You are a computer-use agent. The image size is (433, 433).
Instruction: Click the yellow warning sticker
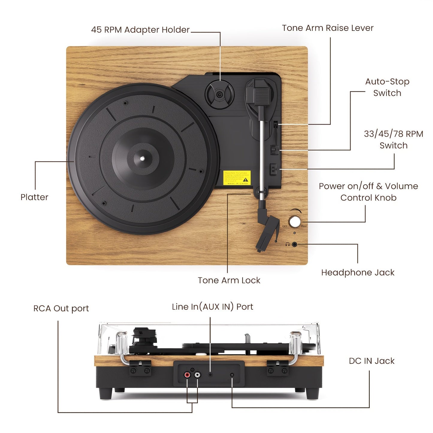tap(237, 178)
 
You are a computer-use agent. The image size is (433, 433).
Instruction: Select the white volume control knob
tap(295, 222)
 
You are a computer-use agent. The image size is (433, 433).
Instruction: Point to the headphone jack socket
tap(295, 245)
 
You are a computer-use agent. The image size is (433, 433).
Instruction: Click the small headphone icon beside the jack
tap(287, 245)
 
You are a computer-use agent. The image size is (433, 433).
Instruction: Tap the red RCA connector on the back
tap(187, 375)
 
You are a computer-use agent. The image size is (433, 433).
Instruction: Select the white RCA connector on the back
tap(197, 375)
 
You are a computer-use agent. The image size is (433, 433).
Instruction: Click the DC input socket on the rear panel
tap(232, 375)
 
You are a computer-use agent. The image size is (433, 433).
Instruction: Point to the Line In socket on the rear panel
tap(210, 375)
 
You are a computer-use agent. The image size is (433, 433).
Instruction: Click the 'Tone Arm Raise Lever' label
tap(328, 28)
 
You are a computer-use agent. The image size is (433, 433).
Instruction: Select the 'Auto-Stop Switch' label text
tap(387, 87)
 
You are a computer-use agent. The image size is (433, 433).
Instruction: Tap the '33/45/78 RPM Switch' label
tap(393, 140)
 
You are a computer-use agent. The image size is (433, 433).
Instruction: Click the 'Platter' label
tap(34, 197)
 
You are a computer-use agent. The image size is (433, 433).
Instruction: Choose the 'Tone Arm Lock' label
tap(229, 280)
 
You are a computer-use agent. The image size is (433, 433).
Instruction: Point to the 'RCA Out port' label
tap(61, 308)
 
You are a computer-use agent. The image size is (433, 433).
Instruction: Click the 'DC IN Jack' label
tap(372, 361)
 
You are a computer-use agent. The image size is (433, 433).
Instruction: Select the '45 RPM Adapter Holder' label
tap(140, 30)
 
